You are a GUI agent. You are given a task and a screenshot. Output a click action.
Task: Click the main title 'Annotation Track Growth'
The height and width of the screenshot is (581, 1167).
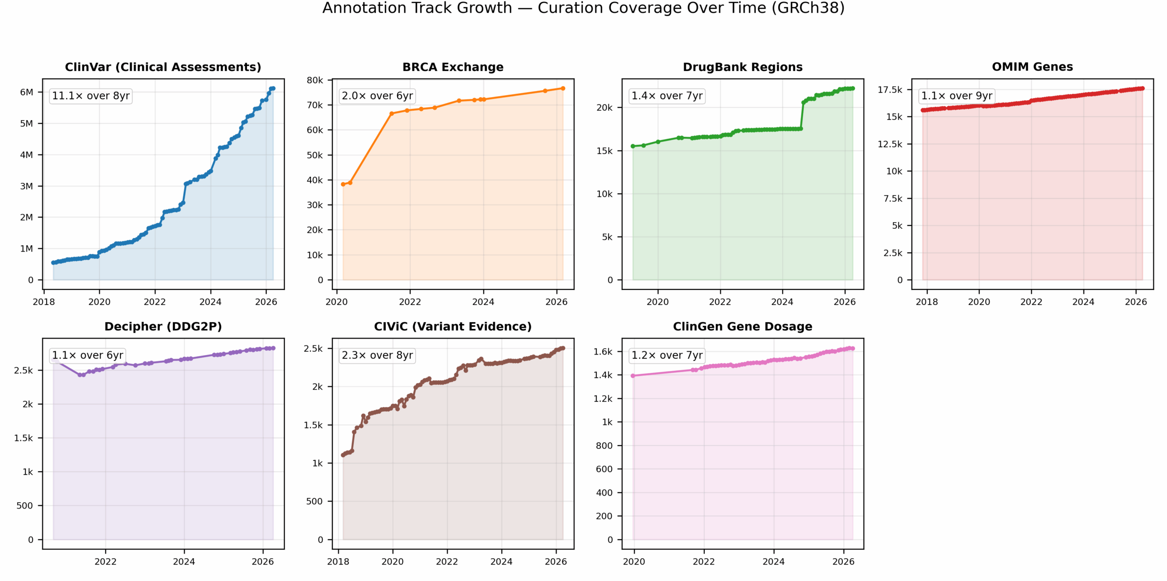click(x=417, y=8)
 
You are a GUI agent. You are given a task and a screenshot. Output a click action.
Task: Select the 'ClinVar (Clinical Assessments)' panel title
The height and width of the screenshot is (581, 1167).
click(x=163, y=67)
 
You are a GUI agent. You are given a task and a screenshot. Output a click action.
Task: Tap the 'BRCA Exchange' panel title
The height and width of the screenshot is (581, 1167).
click(x=453, y=67)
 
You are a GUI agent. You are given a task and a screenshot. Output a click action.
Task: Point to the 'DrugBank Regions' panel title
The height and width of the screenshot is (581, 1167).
click(x=743, y=67)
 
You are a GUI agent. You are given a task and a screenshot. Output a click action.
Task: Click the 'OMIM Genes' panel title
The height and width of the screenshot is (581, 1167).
click(x=1033, y=67)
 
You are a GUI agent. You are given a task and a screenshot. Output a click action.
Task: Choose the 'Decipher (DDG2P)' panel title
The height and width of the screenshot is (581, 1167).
click(x=163, y=327)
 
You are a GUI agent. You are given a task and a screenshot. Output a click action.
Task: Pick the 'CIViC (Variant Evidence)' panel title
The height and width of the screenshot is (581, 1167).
click(x=453, y=327)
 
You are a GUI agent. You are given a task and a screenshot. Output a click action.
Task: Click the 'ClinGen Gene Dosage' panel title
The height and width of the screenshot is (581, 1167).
click(x=743, y=327)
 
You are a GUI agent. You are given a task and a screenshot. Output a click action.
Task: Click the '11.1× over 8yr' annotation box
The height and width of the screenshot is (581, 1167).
click(x=91, y=96)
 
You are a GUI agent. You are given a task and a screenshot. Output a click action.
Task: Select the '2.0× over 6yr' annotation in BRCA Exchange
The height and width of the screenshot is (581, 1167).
click(x=377, y=96)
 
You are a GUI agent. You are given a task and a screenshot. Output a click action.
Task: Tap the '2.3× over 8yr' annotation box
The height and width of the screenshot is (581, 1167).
click(x=377, y=355)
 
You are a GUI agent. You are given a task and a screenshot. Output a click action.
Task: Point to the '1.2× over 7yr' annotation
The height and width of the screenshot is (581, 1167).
click(x=667, y=355)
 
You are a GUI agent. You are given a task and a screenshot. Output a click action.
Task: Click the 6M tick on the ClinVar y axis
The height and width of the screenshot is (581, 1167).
click(x=26, y=92)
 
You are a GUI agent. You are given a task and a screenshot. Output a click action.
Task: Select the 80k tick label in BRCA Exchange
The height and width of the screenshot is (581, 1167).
click(x=315, y=80)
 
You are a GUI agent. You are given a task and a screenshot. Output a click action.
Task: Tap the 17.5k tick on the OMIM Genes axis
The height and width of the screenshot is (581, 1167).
click(x=890, y=90)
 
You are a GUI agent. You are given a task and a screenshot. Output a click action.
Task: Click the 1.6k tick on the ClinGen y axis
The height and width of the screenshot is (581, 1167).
click(x=603, y=352)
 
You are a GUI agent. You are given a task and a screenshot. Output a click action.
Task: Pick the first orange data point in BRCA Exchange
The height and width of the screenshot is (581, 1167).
click(x=343, y=185)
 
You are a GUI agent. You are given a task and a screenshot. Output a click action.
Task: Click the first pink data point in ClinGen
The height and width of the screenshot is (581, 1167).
click(x=633, y=376)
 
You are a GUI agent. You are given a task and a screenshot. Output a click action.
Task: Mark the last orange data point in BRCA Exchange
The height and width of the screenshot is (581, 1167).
click(x=563, y=88)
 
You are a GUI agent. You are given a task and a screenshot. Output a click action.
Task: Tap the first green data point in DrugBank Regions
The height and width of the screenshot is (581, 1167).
click(x=633, y=146)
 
